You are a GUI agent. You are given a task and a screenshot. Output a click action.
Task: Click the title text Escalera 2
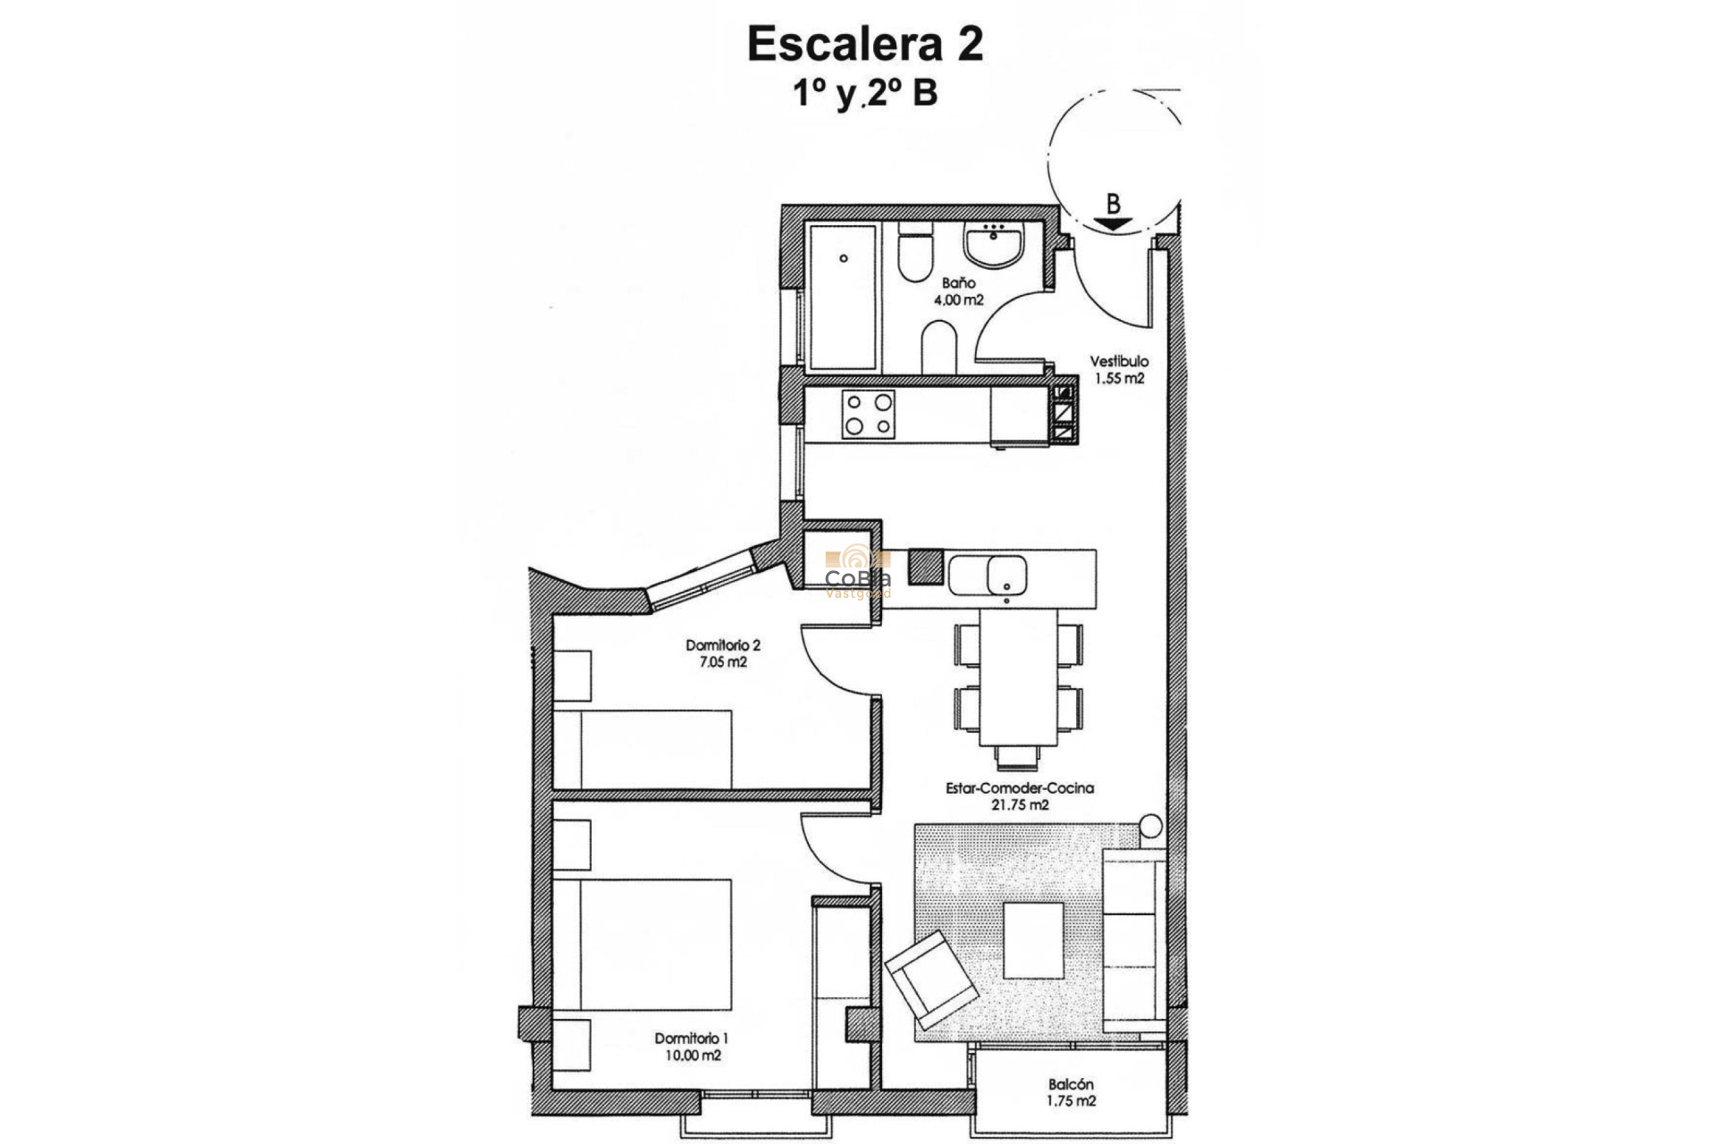pos(864,45)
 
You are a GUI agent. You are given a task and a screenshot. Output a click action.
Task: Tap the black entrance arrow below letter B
pos(1113,225)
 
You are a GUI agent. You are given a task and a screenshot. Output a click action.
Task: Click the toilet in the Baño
pos(916,255)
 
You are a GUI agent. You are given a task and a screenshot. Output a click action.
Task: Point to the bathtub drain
pos(844,259)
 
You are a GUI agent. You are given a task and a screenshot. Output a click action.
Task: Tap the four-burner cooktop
pos(868,414)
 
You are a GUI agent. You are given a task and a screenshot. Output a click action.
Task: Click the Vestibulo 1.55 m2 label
pos(1119,369)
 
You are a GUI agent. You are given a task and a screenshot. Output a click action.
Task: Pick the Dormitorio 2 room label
pos(722,653)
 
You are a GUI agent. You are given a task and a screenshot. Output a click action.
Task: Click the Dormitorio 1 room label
pos(691,1047)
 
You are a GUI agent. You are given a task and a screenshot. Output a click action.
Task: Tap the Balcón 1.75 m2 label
pos(1072,1092)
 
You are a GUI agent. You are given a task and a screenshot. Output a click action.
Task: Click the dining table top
pos(1019,684)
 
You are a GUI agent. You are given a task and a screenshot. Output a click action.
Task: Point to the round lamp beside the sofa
pos(1150,826)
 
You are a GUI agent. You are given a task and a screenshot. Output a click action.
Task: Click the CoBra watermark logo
pos(857,572)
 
